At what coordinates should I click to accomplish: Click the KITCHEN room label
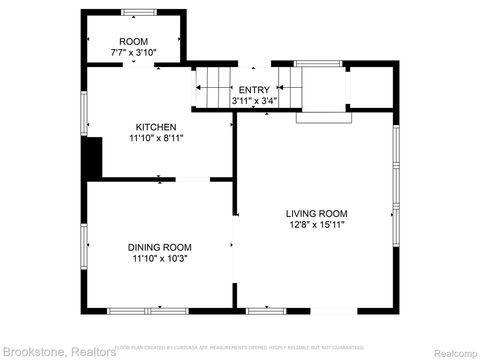coord(157,127)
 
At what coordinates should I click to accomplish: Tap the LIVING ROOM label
coord(316,213)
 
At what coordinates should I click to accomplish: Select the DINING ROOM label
coord(159,247)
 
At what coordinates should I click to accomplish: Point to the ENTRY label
coord(254,90)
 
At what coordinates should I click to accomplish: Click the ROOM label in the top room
coord(132,41)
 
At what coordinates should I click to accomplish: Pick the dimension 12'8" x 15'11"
coord(316,224)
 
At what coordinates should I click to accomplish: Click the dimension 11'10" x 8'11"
coord(157,138)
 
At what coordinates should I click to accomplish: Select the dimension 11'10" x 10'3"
coord(159,258)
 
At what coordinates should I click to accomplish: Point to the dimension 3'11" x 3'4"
coord(254,100)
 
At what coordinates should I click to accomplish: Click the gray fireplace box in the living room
coord(324,113)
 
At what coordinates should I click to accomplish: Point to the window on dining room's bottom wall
coord(135,309)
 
